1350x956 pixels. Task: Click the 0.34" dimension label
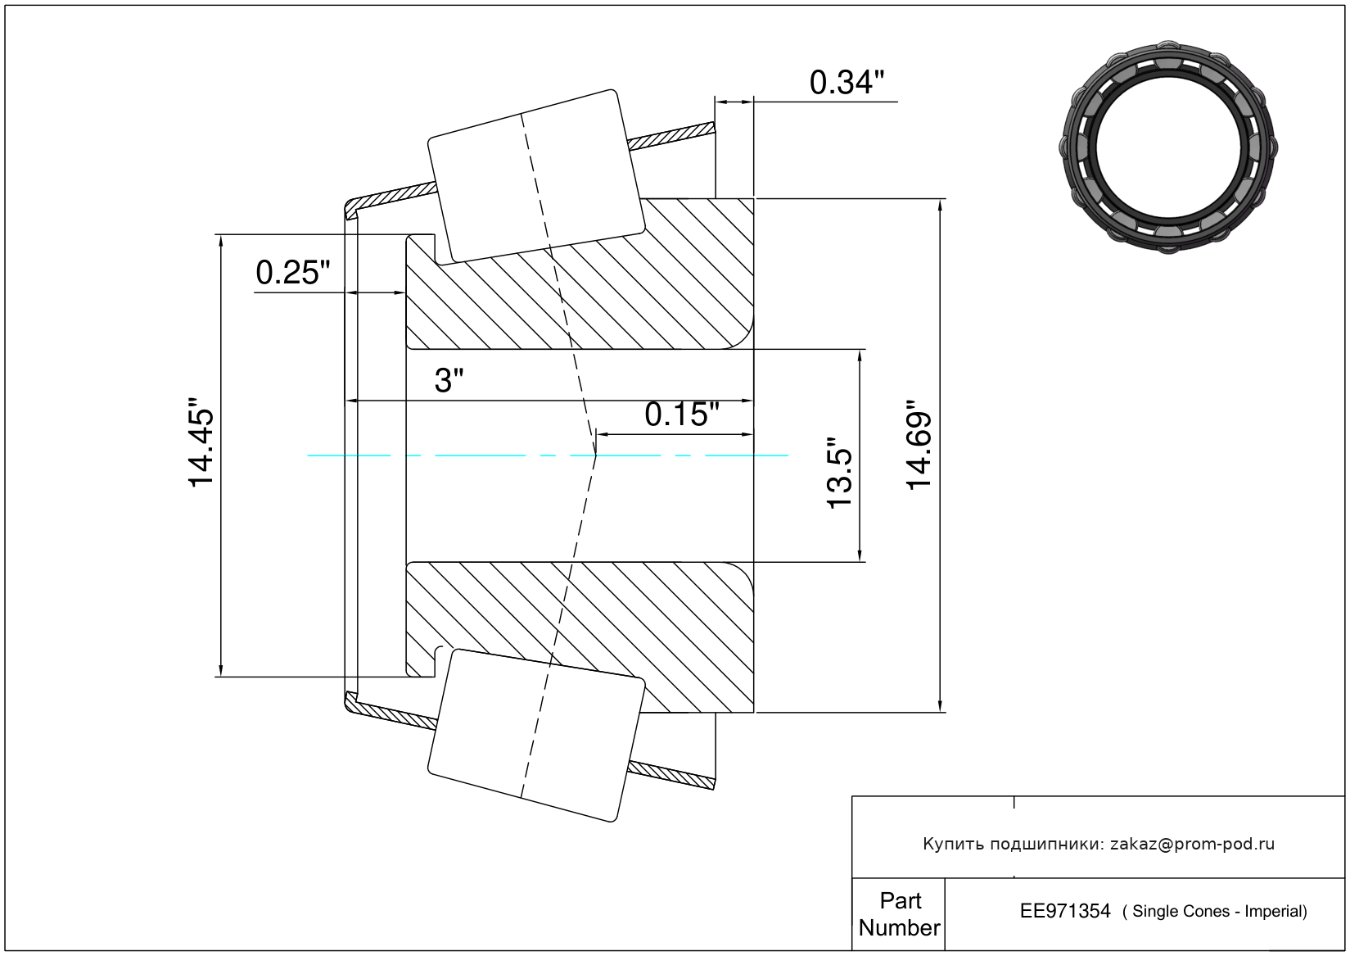847,83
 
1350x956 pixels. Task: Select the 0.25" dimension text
293,273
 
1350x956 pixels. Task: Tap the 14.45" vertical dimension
201,442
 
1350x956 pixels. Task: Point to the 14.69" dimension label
919,445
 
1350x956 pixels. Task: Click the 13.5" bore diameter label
839,473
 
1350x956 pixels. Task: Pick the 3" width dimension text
449,381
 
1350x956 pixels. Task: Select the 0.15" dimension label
682,415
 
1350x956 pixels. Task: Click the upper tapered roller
536,176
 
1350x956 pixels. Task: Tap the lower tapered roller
536,736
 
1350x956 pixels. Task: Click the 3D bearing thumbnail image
1168,147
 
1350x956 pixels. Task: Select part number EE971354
1065,911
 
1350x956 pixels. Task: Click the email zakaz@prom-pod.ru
1192,844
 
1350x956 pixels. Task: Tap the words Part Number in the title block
899,913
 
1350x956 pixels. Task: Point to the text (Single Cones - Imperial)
1214,911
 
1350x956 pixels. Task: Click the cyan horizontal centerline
548,455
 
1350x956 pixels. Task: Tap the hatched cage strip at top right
670,136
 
